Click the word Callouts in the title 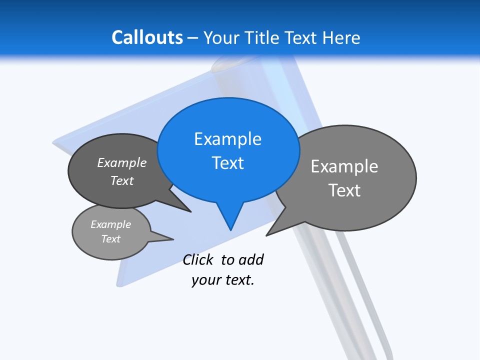point(147,37)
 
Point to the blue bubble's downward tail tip point(230,229)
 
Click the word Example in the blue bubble point(227,139)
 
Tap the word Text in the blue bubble point(227,163)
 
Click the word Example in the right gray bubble point(344,166)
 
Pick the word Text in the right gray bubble point(344,190)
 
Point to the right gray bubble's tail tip point(266,235)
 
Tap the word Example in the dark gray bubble point(122,163)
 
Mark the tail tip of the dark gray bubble point(190,211)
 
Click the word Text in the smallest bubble point(111,239)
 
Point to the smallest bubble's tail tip point(173,239)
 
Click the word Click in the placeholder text point(197,260)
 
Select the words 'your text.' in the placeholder point(223,280)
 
